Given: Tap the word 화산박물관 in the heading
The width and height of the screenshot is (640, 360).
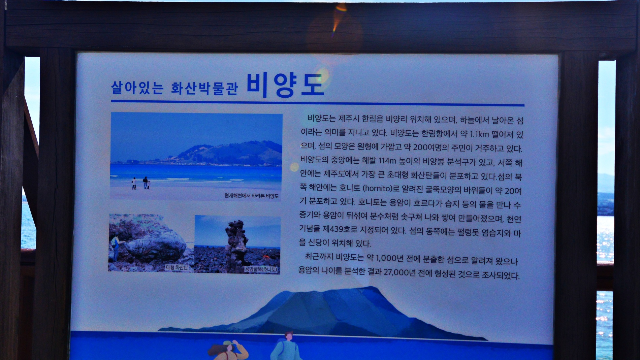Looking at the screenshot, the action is tap(204, 88).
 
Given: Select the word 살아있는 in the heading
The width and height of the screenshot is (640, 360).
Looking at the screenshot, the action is tap(137, 88).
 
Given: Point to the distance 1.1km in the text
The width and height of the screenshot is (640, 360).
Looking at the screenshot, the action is tap(479, 134).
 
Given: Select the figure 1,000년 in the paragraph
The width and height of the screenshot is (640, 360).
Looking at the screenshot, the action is tap(389, 258).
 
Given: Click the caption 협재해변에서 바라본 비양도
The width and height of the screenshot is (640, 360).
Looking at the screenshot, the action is tap(252, 196).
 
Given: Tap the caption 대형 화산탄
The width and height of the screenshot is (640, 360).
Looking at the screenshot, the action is tap(177, 267).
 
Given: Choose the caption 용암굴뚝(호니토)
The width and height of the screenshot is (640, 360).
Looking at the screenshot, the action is tap(261, 269).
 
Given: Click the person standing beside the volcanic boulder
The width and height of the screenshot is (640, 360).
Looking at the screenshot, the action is tap(116, 249).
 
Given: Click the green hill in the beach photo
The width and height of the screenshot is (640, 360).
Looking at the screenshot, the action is tap(229, 153).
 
